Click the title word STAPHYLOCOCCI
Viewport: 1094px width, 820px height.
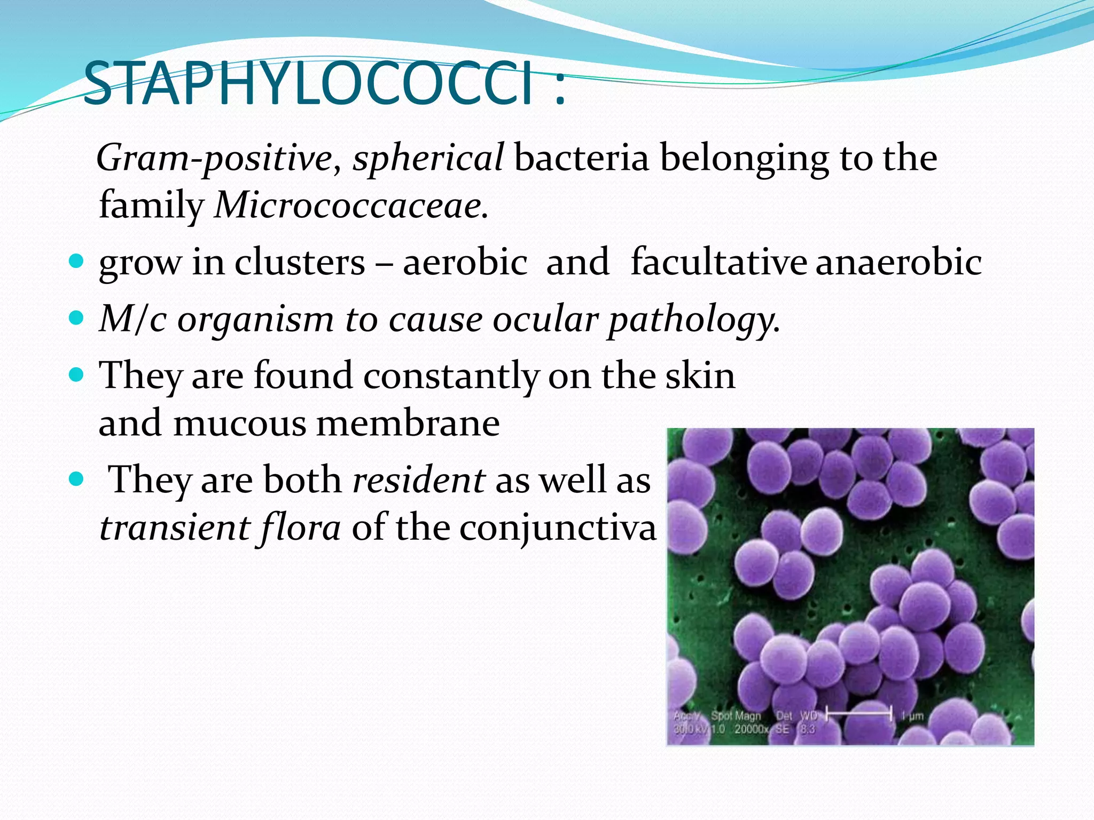309,84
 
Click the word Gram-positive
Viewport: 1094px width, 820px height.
214,158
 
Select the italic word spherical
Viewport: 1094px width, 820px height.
427,158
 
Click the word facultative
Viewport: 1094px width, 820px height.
718,262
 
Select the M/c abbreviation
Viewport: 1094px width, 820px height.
133,319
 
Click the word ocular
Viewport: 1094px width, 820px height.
545,320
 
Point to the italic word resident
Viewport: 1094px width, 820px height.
419,479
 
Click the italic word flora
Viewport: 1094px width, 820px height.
300,527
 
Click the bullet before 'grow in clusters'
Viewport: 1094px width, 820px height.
77,261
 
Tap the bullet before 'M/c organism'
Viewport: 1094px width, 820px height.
77,319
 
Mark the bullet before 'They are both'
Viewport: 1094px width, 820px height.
77,479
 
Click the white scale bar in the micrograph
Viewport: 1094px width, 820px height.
858,713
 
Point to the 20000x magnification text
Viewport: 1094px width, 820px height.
751,729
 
